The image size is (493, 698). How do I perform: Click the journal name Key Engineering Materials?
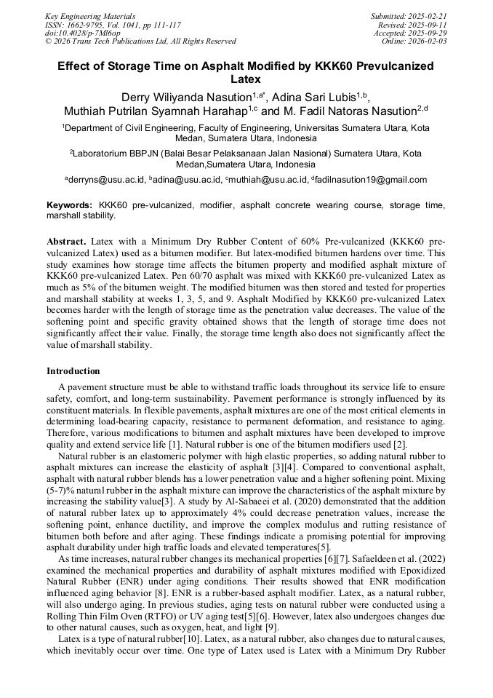tap(90, 16)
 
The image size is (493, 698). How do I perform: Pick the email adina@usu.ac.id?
tap(187, 180)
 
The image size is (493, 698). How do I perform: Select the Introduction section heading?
tap(73, 371)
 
